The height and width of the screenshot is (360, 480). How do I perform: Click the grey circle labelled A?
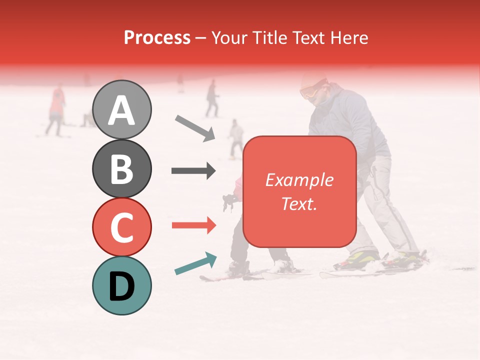(x=122, y=109)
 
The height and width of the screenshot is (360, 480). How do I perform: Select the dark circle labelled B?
(x=122, y=168)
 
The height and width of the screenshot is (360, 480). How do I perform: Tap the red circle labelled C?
(x=122, y=227)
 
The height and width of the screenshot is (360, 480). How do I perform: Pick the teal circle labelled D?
(x=122, y=285)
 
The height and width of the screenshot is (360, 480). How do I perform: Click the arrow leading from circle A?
(x=195, y=127)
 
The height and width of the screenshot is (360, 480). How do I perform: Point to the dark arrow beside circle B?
(x=193, y=171)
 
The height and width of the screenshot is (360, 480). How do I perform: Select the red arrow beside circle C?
(x=193, y=225)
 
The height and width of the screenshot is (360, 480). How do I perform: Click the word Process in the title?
(x=157, y=37)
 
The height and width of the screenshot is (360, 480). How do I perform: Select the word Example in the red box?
(x=299, y=180)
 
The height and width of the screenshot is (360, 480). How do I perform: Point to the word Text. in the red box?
(x=299, y=203)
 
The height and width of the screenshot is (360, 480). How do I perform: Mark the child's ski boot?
(x=238, y=268)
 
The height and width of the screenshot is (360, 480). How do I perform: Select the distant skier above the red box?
(x=236, y=137)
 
